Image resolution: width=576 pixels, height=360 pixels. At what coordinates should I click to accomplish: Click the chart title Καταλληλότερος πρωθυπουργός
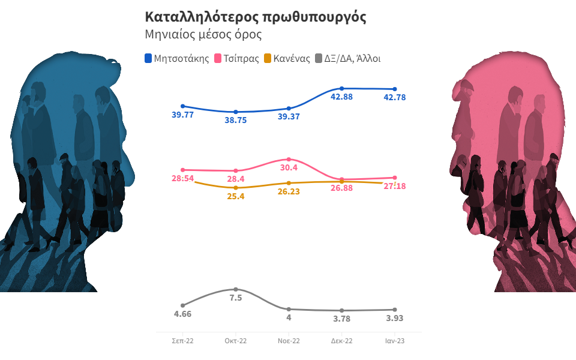(x=256, y=17)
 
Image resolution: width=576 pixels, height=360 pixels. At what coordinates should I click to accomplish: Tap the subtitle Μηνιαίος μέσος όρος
(x=203, y=34)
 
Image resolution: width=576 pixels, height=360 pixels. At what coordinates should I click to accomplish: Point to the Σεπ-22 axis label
(x=182, y=341)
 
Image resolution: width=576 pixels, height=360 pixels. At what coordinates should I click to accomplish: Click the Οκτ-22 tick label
(x=236, y=341)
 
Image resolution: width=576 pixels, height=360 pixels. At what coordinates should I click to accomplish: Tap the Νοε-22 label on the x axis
(x=289, y=341)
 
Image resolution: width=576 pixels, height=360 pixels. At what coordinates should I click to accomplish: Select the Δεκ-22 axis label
(x=341, y=341)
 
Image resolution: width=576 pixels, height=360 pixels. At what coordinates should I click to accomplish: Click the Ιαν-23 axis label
(x=394, y=341)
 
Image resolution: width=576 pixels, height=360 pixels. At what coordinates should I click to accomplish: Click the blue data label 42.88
(x=342, y=98)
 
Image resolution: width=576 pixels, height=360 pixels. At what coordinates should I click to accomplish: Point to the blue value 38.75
(x=236, y=120)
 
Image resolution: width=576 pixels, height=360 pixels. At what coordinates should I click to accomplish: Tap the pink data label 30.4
(x=289, y=167)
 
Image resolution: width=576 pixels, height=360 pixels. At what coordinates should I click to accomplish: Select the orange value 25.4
(x=236, y=196)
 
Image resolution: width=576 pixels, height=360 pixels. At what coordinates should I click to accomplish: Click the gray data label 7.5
(x=236, y=298)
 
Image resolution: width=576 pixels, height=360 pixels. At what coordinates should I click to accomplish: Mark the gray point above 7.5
(x=236, y=289)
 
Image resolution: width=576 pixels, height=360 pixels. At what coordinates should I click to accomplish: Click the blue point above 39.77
(x=182, y=106)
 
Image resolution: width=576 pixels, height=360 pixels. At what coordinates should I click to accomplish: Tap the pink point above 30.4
(x=289, y=159)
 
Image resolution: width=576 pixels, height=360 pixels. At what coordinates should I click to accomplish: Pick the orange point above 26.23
(x=289, y=183)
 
